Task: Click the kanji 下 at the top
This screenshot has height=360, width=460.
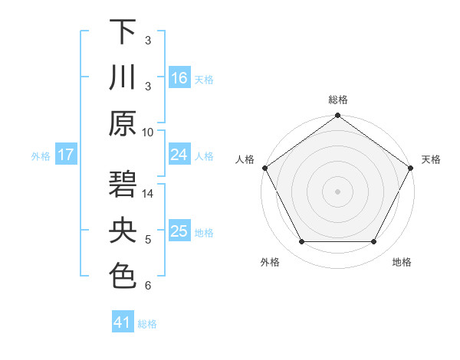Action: (123, 32)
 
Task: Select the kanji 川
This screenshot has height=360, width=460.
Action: (123, 77)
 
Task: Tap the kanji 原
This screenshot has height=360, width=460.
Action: (123, 123)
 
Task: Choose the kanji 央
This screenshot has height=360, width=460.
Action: (123, 231)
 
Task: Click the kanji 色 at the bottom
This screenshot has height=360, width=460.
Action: (123, 276)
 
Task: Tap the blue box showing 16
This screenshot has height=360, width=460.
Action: (179, 77)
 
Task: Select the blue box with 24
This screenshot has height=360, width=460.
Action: (179, 155)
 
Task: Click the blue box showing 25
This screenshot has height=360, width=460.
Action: (179, 231)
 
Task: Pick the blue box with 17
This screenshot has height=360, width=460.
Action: (65, 155)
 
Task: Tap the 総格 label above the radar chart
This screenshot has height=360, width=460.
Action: (337, 100)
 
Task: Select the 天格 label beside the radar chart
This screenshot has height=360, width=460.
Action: (431, 159)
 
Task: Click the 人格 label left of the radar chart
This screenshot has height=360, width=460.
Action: (245, 159)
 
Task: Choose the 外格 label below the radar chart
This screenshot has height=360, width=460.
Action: (270, 263)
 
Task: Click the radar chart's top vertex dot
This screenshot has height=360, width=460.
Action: (337, 116)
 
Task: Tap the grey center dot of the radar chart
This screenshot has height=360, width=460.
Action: (337, 191)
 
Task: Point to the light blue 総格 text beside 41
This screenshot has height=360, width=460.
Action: (148, 324)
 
